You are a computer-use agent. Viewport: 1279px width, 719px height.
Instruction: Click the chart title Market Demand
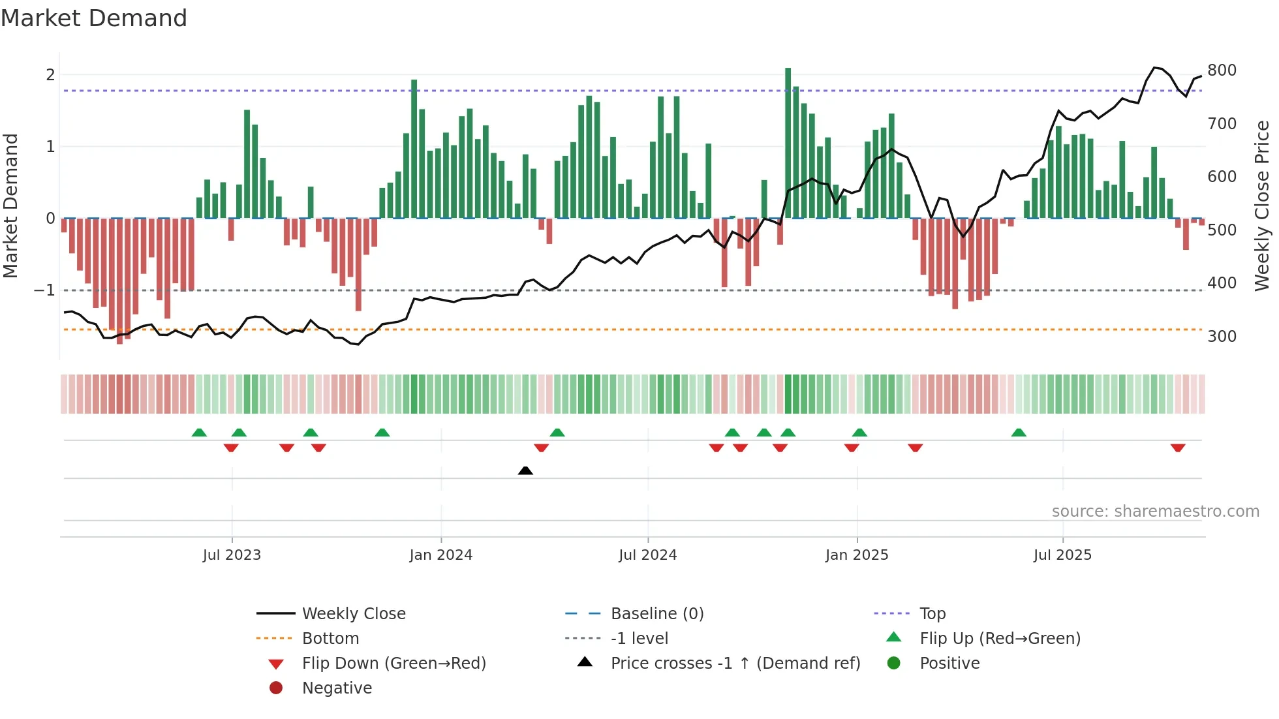tap(94, 18)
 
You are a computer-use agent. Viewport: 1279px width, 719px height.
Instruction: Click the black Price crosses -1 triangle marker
tap(525, 470)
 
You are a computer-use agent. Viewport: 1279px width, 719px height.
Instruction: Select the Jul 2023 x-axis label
tap(232, 555)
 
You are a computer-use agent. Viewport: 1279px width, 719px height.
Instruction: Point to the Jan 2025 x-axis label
tap(857, 555)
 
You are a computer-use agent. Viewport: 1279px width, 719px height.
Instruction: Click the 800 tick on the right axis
tap(1222, 70)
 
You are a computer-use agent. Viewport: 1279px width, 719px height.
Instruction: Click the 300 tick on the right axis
tap(1222, 336)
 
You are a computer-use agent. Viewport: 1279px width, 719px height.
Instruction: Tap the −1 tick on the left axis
tap(44, 290)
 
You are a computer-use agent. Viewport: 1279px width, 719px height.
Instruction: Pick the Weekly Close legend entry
tap(353, 613)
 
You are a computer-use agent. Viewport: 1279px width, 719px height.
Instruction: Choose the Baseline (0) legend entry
tap(656, 613)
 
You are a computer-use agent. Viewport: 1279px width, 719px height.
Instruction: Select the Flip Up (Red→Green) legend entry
tap(1000, 638)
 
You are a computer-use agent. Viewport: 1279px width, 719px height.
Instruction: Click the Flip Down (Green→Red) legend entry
tap(393, 663)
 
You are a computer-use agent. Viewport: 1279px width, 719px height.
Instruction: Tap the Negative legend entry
tap(337, 688)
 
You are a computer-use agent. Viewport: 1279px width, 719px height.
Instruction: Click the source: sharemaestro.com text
tap(1155, 511)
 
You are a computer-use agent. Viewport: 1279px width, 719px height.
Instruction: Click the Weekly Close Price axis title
tap(1262, 206)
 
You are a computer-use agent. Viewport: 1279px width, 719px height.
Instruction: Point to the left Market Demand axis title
tap(11, 206)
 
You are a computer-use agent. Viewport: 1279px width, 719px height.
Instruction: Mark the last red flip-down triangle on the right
tap(1178, 448)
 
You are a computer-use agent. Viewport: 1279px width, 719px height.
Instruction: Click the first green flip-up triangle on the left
tap(199, 433)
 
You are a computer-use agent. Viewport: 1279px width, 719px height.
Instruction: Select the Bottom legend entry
tap(330, 638)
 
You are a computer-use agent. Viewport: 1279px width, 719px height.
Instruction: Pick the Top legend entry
tap(932, 613)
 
